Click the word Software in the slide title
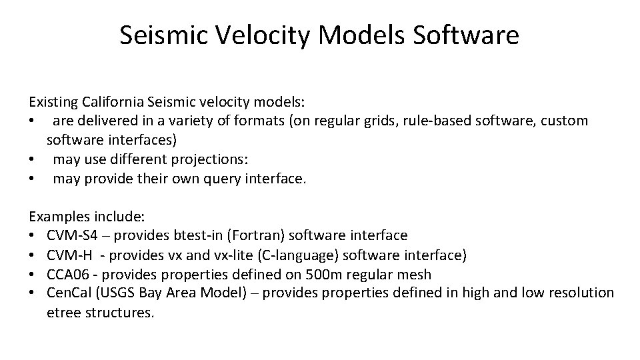coord(465,35)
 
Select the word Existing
coord(53,103)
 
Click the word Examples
coord(59,217)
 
